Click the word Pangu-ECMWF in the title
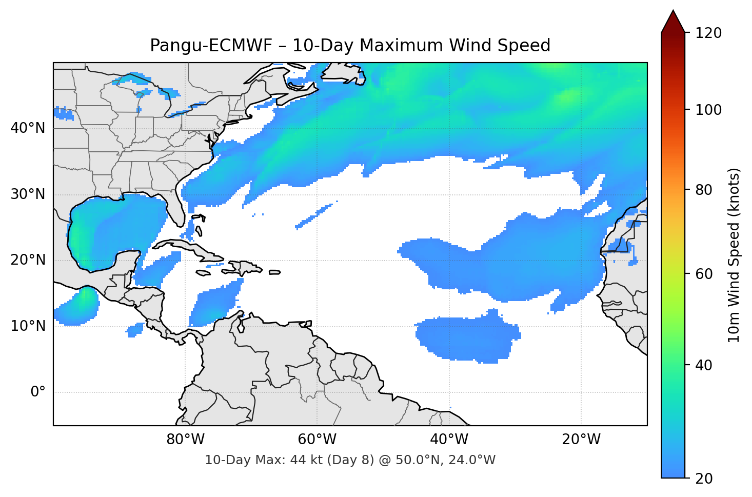click(211, 46)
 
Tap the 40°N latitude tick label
click(28, 128)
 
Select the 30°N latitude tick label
click(28, 194)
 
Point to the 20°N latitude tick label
click(28, 260)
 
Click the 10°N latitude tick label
click(28, 326)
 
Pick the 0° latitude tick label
click(38, 392)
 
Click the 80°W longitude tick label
click(185, 440)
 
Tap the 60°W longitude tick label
click(317, 440)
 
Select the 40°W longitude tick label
click(449, 440)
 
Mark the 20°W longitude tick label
click(581, 440)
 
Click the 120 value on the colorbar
click(708, 33)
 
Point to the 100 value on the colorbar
click(708, 110)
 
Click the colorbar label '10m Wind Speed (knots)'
click(734, 255)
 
